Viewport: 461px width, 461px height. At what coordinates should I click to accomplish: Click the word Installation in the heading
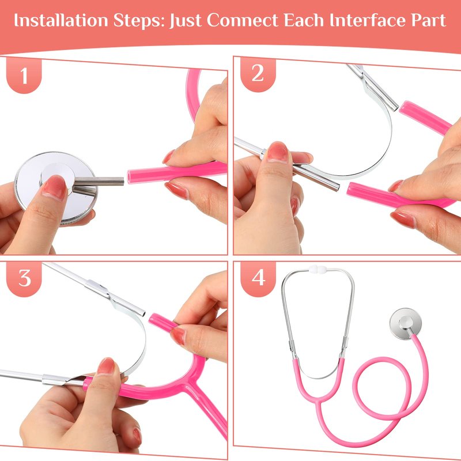(x=61, y=20)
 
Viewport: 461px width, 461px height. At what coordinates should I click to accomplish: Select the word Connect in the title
(x=242, y=20)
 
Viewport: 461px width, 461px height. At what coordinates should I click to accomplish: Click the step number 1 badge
(x=24, y=75)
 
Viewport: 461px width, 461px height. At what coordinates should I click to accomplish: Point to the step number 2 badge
(x=258, y=74)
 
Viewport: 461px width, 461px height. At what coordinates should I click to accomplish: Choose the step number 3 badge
(x=24, y=278)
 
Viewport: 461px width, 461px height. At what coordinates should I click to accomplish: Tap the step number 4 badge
(x=258, y=278)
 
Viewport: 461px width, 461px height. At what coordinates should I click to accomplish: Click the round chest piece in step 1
(x=56, y=188)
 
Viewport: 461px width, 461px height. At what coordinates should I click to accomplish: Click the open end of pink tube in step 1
(x=130, y=176)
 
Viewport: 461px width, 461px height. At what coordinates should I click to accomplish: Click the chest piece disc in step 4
(x=406, y=324)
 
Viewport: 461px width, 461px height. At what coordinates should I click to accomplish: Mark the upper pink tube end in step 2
(x=406, y=108)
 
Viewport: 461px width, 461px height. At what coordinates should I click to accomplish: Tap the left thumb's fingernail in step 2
(x=278, y=152)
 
